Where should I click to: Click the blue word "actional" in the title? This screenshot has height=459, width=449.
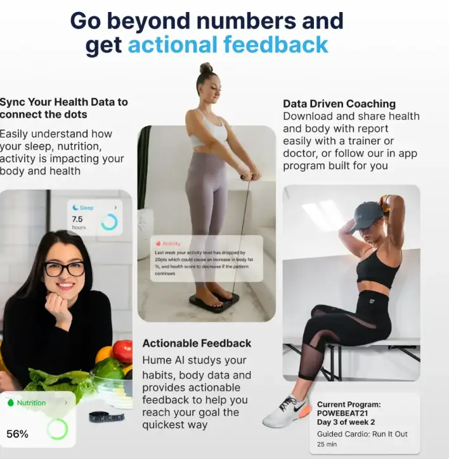172,45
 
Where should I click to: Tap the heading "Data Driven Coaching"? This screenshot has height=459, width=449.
339,104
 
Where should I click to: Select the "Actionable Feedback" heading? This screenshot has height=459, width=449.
197,343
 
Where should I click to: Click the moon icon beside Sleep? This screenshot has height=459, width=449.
75,208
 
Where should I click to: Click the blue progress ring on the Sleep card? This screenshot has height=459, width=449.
109,222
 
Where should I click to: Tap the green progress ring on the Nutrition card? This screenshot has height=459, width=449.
57,429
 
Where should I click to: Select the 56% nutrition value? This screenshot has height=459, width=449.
17,434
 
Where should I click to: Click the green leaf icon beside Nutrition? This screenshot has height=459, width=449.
10,403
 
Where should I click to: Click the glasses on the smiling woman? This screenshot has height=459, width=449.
64,268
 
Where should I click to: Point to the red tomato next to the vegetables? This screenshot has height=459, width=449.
122,351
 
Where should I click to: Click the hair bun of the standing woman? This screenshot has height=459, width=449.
206,68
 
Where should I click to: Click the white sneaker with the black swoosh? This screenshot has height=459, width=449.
286,412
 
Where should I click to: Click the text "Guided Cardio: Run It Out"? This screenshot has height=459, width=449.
362,434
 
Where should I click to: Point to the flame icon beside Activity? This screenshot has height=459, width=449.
158,243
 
